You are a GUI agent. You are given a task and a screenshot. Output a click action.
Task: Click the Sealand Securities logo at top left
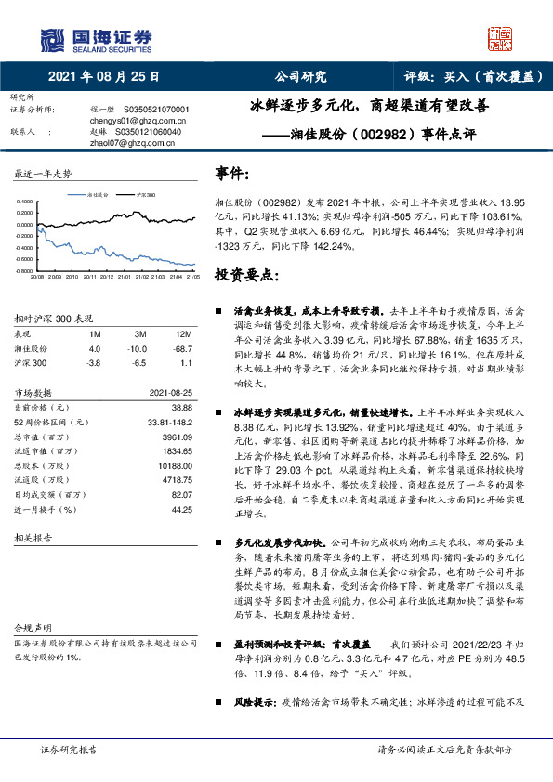point(96,38)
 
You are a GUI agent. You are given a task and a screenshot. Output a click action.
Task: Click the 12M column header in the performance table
point(184,333)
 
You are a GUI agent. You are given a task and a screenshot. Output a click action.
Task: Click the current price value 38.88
point(182,407)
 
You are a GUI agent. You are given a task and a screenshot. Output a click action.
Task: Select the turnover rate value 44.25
point(181,510)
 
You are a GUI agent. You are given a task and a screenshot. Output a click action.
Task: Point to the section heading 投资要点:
point(246,276)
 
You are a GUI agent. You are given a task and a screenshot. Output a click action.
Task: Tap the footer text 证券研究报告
point(69,749)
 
